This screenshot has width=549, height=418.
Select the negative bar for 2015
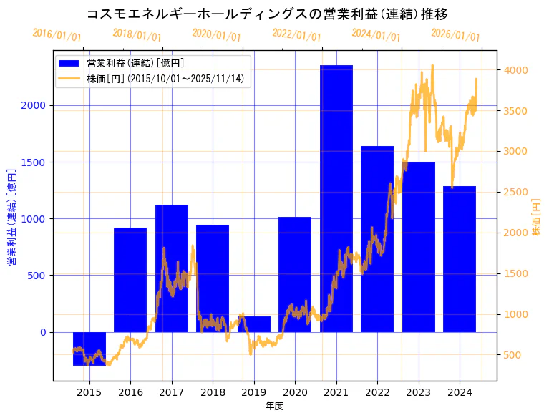[89, 349]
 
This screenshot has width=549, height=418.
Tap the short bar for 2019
[254, 324]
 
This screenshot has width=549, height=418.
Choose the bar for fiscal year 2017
[172, 268]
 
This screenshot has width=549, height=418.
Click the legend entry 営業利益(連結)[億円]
[136, 64]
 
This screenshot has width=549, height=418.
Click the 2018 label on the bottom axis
[213, 392]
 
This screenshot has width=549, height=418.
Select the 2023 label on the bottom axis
[418, 392]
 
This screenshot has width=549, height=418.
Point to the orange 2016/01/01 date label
[57, 34]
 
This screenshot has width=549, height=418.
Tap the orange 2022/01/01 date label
[296, 34]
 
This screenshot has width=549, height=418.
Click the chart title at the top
[267, 14]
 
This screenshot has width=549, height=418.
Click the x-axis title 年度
[274, 406]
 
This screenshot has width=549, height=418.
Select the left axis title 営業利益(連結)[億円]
[11, 217]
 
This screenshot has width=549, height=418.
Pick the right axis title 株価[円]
[537, 218]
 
